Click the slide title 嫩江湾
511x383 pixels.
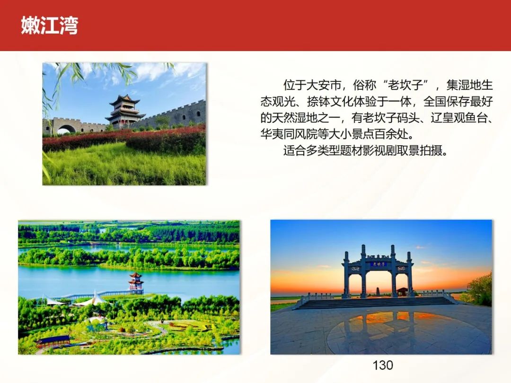50,26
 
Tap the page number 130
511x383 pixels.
383,365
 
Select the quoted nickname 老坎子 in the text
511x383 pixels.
405,85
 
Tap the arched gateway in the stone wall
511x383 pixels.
66,129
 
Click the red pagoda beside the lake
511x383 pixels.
136,282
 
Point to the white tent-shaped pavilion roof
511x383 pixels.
95,298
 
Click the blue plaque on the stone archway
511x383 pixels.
379,264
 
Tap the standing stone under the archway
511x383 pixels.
378,291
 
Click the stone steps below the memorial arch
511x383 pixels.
377,303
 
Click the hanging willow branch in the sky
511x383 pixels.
59,85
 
